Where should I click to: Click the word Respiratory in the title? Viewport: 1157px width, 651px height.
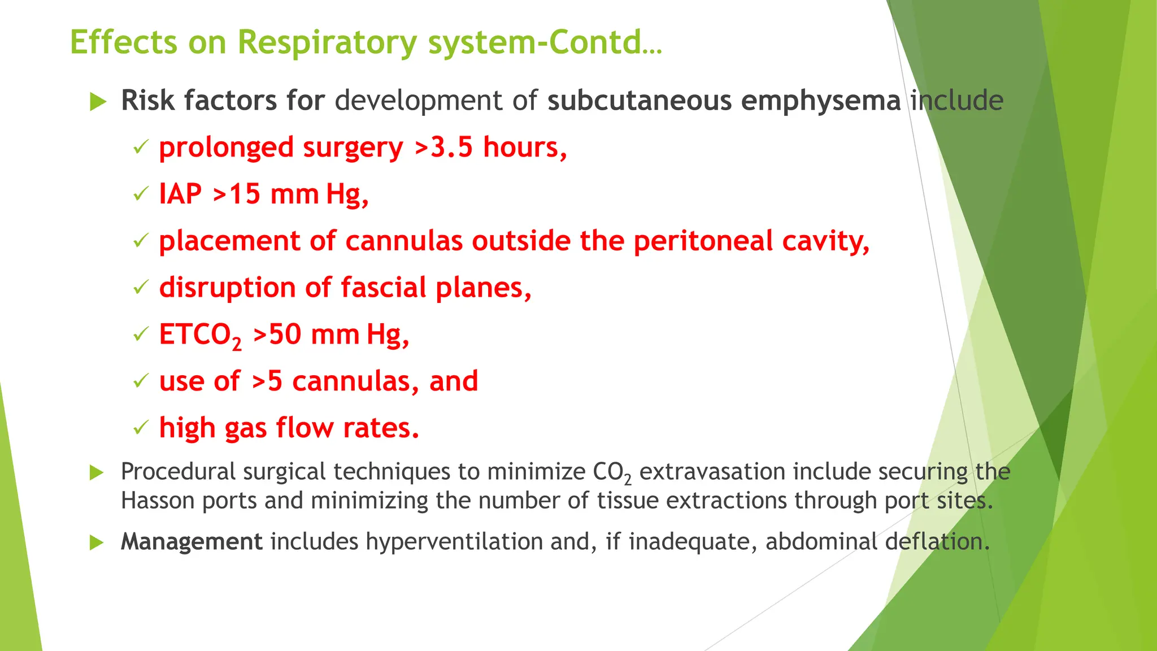pyautogui.click(x=327, y=43)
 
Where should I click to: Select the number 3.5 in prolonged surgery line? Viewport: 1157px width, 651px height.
pyautogui.click(x=451, y=147)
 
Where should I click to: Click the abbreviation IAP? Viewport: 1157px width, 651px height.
pyautogui.click(x=180, y=194)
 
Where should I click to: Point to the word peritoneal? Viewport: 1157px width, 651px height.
pyautogui.click(x=703, y=241)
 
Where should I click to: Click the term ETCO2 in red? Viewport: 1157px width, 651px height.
pyautogui.click(x=200, y=335)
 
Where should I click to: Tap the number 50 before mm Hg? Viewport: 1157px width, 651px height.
pyautogui.click(x=285, y=335)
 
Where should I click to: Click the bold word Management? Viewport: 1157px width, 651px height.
pyautogui.click(x=192, y=541)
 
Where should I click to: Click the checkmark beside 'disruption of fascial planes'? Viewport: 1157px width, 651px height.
pyautogui.click(x=140, y=288)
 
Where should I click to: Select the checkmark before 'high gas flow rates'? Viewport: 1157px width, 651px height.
pyautogui.click(x=140, y=428)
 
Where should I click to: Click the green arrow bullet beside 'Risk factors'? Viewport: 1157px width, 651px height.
pyautogui.click(x=98, y=102)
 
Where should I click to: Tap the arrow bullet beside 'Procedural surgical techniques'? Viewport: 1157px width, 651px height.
pyautogui.click(x=97, y=472)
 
